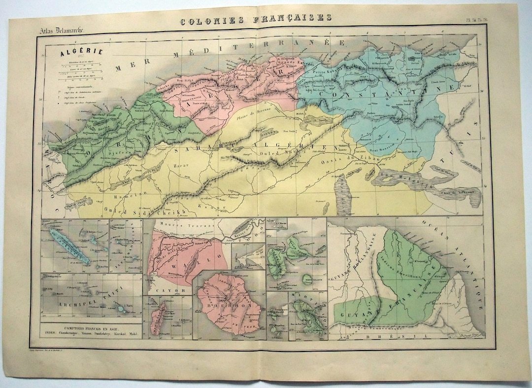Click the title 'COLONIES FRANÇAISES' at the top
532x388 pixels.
pos(255,18)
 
